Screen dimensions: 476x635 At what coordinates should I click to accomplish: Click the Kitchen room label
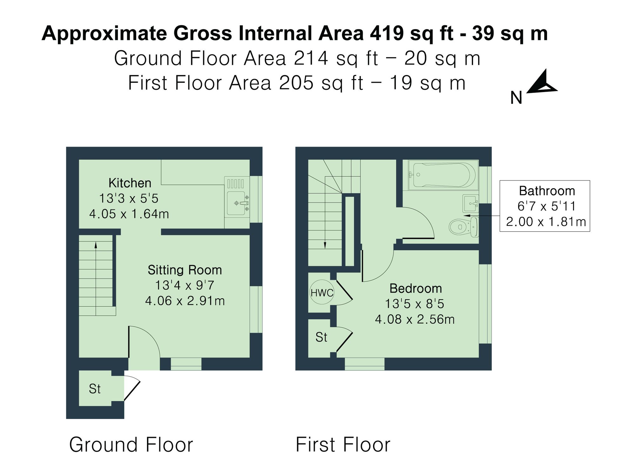(130, 183)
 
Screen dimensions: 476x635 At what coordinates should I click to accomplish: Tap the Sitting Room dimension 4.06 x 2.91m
(185, 301)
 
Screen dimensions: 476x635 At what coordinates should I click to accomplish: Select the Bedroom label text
(415, 288)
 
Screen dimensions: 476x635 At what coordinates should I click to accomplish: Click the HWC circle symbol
(322, 293)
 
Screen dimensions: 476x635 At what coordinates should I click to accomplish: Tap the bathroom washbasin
(470, 204)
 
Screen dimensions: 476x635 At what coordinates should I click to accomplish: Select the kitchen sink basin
(236, 203)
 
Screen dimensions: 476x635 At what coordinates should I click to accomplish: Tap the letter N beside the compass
(516, 98)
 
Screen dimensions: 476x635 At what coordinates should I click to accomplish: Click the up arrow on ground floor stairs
(96, 245)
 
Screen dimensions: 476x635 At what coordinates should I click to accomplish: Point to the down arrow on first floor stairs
(325, 245)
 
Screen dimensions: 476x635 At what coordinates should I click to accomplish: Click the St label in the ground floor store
(95, 389)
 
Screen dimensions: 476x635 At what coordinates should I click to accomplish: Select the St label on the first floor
(321, 337)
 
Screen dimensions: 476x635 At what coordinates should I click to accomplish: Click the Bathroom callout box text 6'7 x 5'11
(546, 206)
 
